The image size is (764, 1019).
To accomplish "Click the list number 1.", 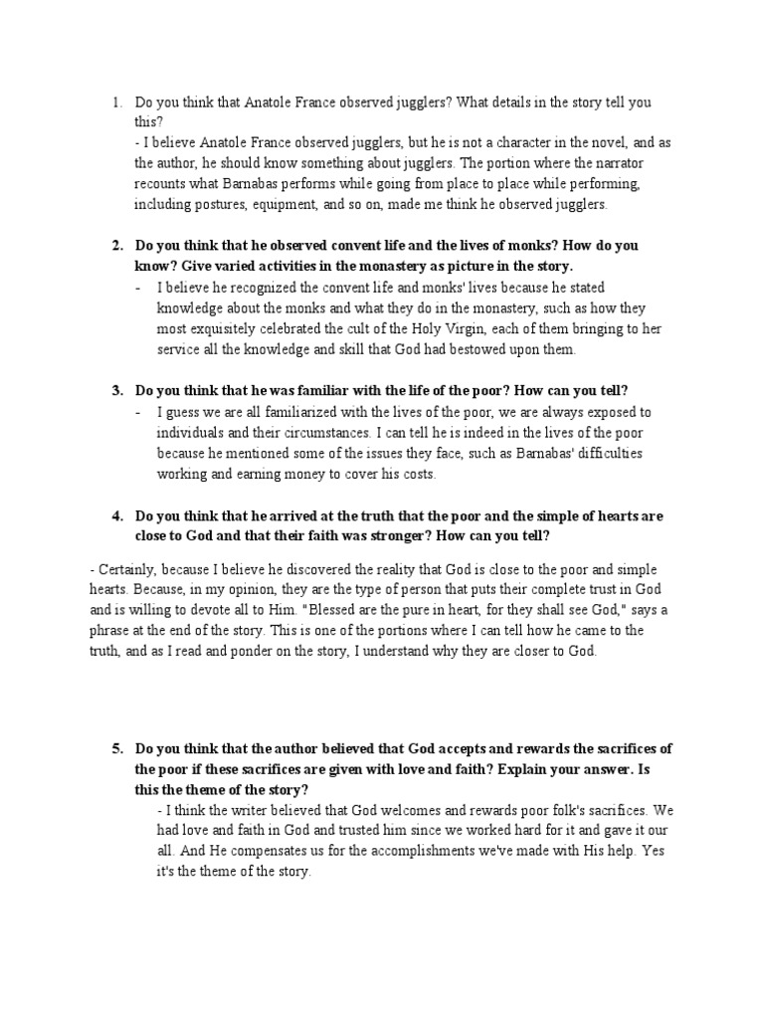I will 115,102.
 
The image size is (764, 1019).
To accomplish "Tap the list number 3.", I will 115,390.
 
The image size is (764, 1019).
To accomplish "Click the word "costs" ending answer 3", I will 415,474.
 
